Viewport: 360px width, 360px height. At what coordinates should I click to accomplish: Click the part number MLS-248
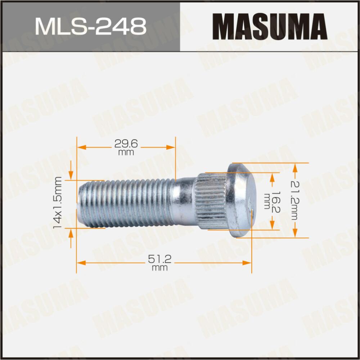(x=90, y=26)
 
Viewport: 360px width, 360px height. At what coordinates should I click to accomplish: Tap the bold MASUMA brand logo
(x=269, y=26)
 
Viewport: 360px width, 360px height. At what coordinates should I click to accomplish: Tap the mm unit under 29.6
(x=126, y=152)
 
